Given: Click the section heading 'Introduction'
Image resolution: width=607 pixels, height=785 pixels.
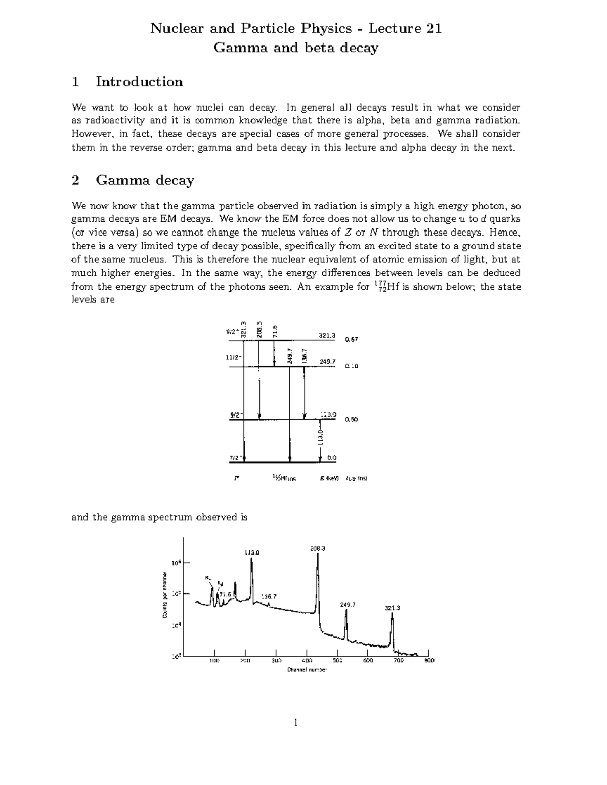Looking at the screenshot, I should [139, 82].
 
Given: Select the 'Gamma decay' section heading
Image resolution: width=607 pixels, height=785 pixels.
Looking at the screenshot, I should [145, 180].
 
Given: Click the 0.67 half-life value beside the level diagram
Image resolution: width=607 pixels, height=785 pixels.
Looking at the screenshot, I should [352, 339].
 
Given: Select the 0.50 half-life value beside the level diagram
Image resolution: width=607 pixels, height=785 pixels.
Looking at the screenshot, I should [352, 419].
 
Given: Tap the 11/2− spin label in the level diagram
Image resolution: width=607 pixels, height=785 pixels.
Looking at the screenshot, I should [234, 357].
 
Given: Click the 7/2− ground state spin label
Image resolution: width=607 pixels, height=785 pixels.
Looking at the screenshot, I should [235, 458].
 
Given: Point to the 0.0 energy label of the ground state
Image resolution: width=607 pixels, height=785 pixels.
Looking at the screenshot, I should [331, 458].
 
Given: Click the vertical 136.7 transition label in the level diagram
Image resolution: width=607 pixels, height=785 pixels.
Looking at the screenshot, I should [304, 355].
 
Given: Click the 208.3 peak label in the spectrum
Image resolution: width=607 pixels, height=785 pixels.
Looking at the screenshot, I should [317, 548].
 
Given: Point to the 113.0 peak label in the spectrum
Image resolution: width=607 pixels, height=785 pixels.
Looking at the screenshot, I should [252, 552].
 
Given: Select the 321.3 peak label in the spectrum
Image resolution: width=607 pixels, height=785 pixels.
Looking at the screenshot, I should [393, 608].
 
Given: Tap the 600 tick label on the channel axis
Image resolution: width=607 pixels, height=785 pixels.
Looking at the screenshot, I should [368, 660].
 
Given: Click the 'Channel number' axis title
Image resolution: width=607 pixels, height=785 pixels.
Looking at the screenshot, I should [307, 670].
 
